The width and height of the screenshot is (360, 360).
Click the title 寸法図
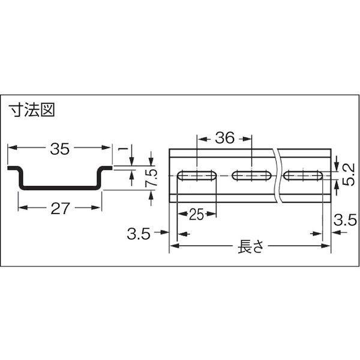32,110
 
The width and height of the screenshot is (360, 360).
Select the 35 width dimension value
59,149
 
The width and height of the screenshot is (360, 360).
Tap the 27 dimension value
60,208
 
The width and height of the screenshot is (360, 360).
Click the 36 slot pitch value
225,138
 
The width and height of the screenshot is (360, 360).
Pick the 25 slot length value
197,215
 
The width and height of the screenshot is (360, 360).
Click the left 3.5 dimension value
139,234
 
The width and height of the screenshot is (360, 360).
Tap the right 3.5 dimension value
346,220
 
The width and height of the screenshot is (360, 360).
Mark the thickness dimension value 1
124,149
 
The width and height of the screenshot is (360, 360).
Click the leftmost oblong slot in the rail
197,176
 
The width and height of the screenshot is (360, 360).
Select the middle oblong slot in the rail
252,176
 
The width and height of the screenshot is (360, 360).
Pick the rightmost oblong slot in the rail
303,176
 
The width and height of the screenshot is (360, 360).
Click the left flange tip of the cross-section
8,168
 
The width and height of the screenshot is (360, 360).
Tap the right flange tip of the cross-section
112,168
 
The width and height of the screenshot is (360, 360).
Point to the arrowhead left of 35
13,148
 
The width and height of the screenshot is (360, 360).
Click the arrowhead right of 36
247,139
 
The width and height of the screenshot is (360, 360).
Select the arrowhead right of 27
97,208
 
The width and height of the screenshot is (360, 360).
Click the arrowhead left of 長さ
175,246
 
